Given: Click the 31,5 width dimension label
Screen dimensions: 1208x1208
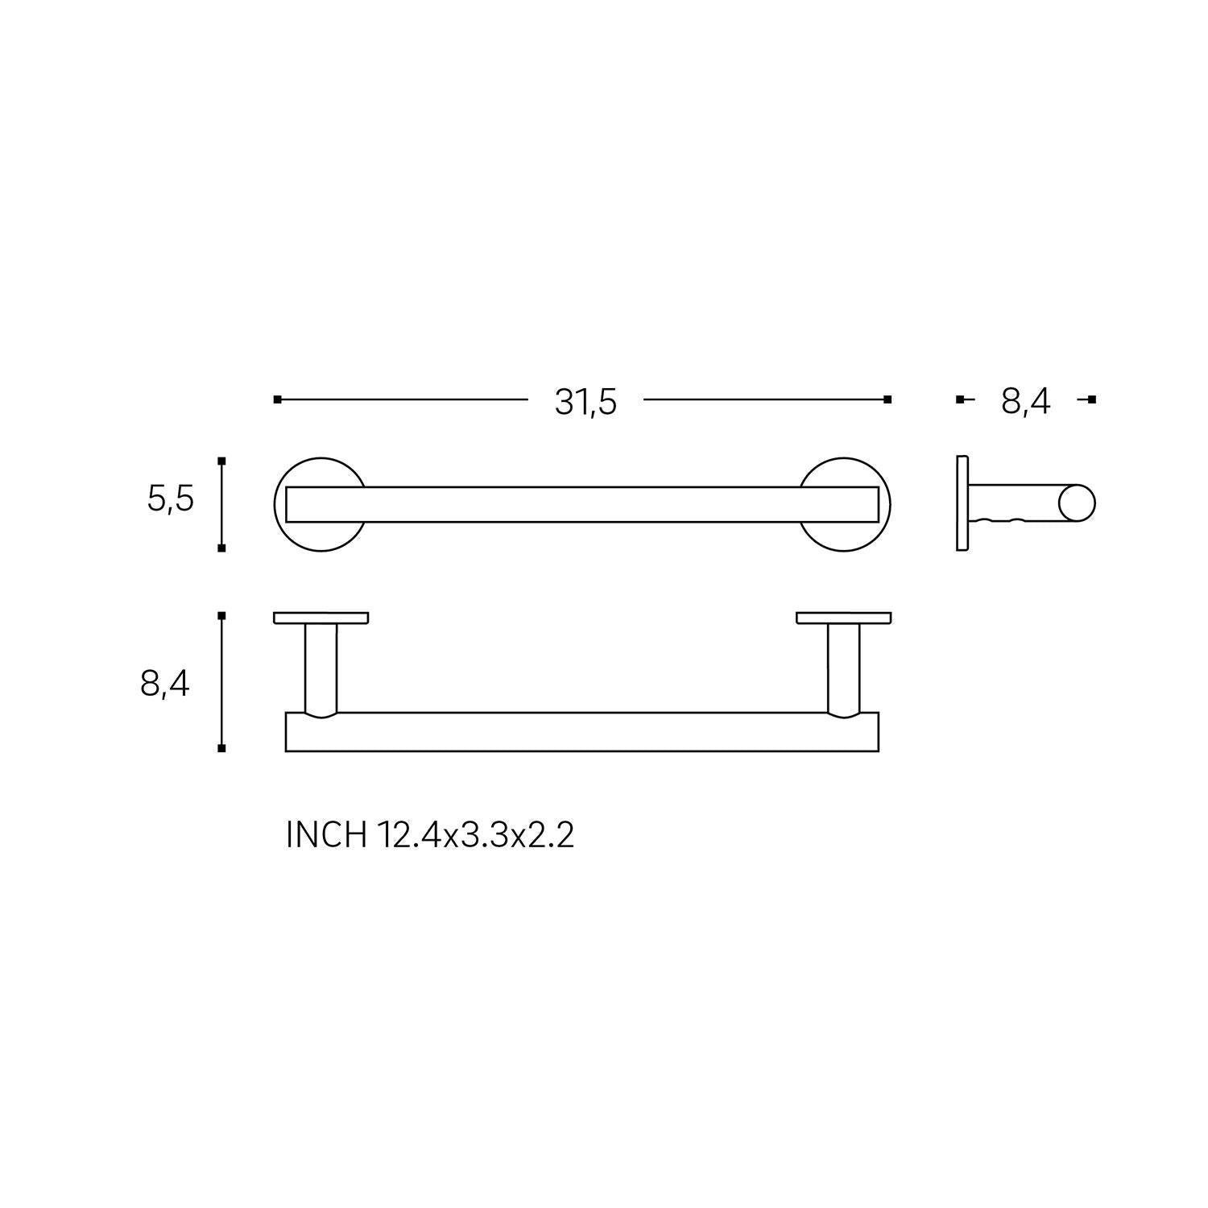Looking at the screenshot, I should coord(585,401).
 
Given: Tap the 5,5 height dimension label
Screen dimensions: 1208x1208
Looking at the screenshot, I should coord(171,500).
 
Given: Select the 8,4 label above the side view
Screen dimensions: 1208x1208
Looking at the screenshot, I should coord(1025,401).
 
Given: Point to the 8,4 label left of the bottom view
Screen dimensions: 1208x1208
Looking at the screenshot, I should coord(165,684).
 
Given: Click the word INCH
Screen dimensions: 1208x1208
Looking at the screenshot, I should coord(326,835).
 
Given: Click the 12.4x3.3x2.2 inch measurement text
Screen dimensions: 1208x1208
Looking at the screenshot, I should coord(474,835).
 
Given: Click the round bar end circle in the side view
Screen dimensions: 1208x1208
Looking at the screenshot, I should coord(1077,503).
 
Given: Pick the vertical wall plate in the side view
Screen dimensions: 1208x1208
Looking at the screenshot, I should coord(962,503).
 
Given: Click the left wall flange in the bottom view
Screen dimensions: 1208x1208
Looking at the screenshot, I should coord(321,618).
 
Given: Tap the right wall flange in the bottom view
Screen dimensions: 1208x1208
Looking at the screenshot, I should coord(843,618).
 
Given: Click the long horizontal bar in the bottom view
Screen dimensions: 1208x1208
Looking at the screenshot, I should coord(581,732).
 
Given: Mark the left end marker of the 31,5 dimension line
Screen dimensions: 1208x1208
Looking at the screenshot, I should coord(277,399).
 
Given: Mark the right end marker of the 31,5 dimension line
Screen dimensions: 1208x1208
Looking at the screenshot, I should coord(887,399).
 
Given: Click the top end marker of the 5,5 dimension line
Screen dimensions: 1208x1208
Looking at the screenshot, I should coord(221,461).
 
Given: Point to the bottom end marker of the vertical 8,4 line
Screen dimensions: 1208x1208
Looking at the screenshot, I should coord(221,748).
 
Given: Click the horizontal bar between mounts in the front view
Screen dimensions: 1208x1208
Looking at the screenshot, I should coord(581,504).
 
